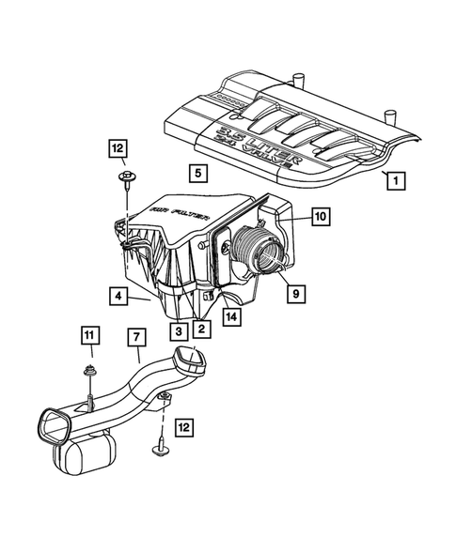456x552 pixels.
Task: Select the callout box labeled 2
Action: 199,329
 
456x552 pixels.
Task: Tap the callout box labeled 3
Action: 177,329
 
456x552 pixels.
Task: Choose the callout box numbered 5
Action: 196,173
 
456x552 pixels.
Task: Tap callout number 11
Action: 87,336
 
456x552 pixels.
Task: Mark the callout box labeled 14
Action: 231,316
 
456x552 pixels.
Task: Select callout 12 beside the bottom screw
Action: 184,427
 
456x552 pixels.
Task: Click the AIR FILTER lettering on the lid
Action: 170,222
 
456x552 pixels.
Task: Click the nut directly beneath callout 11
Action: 88,370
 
